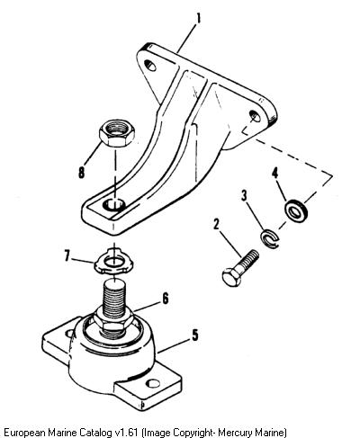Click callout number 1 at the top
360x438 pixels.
[x=198, y=18]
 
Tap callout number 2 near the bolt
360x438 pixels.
[x=216, y=224]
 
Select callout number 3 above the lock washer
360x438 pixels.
[x=244, y=196]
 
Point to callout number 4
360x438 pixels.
[x=274, y=174]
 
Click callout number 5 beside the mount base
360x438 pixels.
[x=195, y=335]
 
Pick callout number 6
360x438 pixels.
[x=166, y=299]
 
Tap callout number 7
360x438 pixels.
[x=68, y=256]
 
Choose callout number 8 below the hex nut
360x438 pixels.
[x=81, y=173]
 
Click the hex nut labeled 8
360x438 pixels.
[x=117, y=133]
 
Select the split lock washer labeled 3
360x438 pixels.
[x=269, y=238]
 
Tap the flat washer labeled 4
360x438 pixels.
[x=296, y=210]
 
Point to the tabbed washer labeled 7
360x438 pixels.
[x=114, y=261]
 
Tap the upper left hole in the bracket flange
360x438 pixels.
[x=150, y=65]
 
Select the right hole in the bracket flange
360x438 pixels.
[x=255, y=115]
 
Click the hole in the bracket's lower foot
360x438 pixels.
[x=114, y=205]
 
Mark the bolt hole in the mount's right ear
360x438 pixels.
[x=154, y=383]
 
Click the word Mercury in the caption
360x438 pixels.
[x=235, y=433]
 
